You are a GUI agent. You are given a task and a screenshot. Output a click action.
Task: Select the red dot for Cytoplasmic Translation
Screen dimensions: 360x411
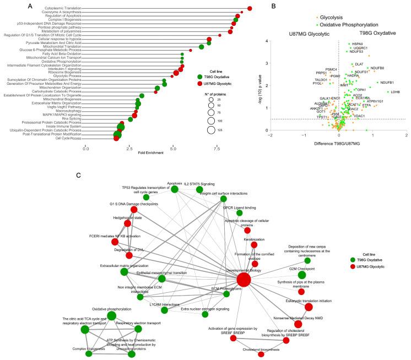click(x=250, y=8)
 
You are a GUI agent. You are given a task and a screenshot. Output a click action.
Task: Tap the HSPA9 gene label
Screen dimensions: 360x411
click(x=358, y=43)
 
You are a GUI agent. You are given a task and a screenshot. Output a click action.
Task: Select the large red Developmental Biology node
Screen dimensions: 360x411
click(x=244, y=280)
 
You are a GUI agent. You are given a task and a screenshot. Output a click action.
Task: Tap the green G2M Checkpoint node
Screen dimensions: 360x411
click(x=301, y=275)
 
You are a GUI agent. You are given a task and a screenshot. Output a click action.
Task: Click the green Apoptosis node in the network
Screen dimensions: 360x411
click(x=175, y=189)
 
